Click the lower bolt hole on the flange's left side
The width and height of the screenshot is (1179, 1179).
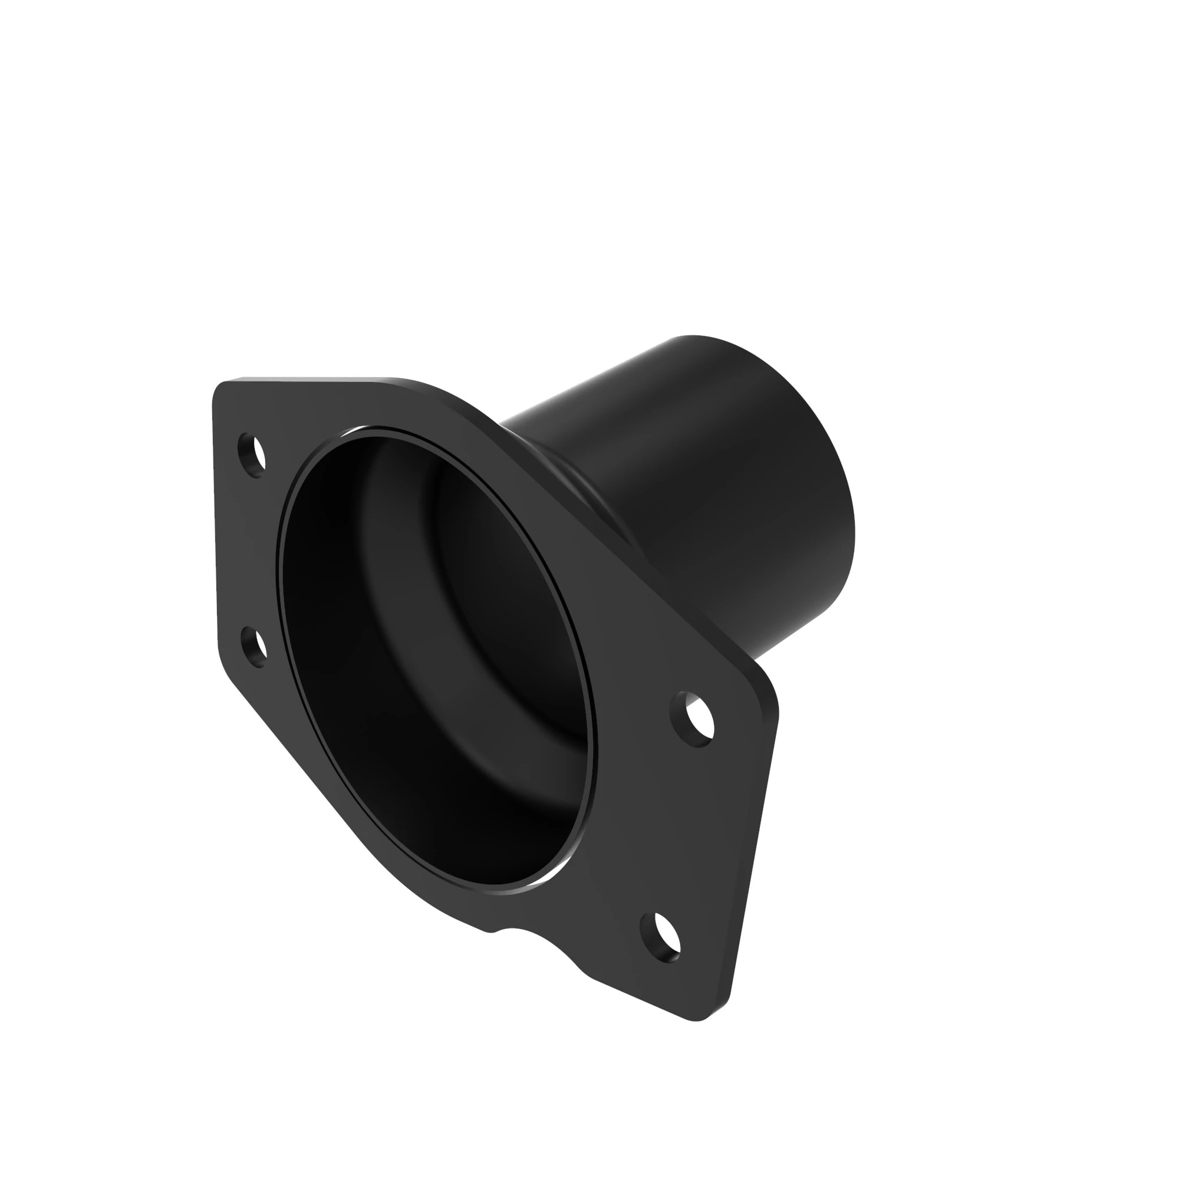[255, 647]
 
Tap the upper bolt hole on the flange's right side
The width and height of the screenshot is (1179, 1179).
[693, 720]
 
